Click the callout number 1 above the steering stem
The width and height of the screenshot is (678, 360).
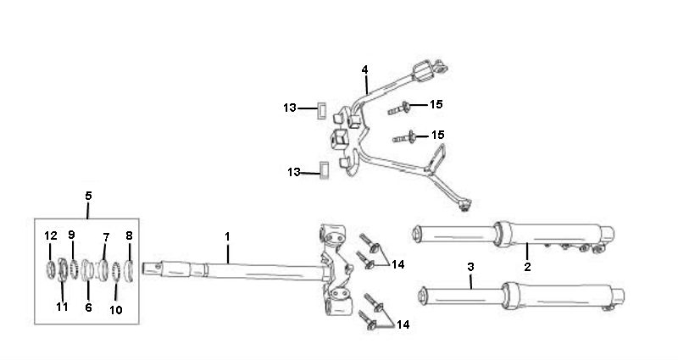click(x=227, y=237)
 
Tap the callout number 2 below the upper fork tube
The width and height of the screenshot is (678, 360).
click(x=527, y=267)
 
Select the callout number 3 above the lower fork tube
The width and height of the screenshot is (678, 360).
click(x=471, y=267)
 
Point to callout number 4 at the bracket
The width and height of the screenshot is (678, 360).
click(x=365, y=69)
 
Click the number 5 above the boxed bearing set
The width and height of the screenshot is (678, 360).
click(x=88, y=196)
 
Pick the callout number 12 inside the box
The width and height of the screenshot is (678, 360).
click(x=51, y=236)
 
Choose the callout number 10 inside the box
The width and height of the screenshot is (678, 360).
click(x=116, y=310)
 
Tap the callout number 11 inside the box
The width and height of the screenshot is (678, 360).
click(x=62, y=307)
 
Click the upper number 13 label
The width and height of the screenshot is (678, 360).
click(x=290, y=108)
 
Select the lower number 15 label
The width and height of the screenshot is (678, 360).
click(x=437, y=135)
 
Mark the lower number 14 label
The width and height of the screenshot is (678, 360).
click(x=403, y=324)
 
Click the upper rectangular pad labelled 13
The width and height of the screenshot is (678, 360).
click(x=322, y=110)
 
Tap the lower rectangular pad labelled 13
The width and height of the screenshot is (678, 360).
click(x=324, y=170)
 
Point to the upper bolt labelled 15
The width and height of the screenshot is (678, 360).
click(x=399, y=108)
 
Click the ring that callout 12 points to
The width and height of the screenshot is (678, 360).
click(x=51, y=269)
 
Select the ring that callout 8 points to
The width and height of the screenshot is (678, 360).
click(x=129, y=271)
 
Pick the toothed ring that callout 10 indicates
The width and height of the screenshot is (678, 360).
click(x=116, y=272)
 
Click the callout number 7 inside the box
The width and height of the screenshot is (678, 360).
click(x=106, y=237)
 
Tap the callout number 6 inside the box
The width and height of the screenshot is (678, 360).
click(x=88, y=307)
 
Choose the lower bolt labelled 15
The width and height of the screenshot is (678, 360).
click(x=404, y=138)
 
